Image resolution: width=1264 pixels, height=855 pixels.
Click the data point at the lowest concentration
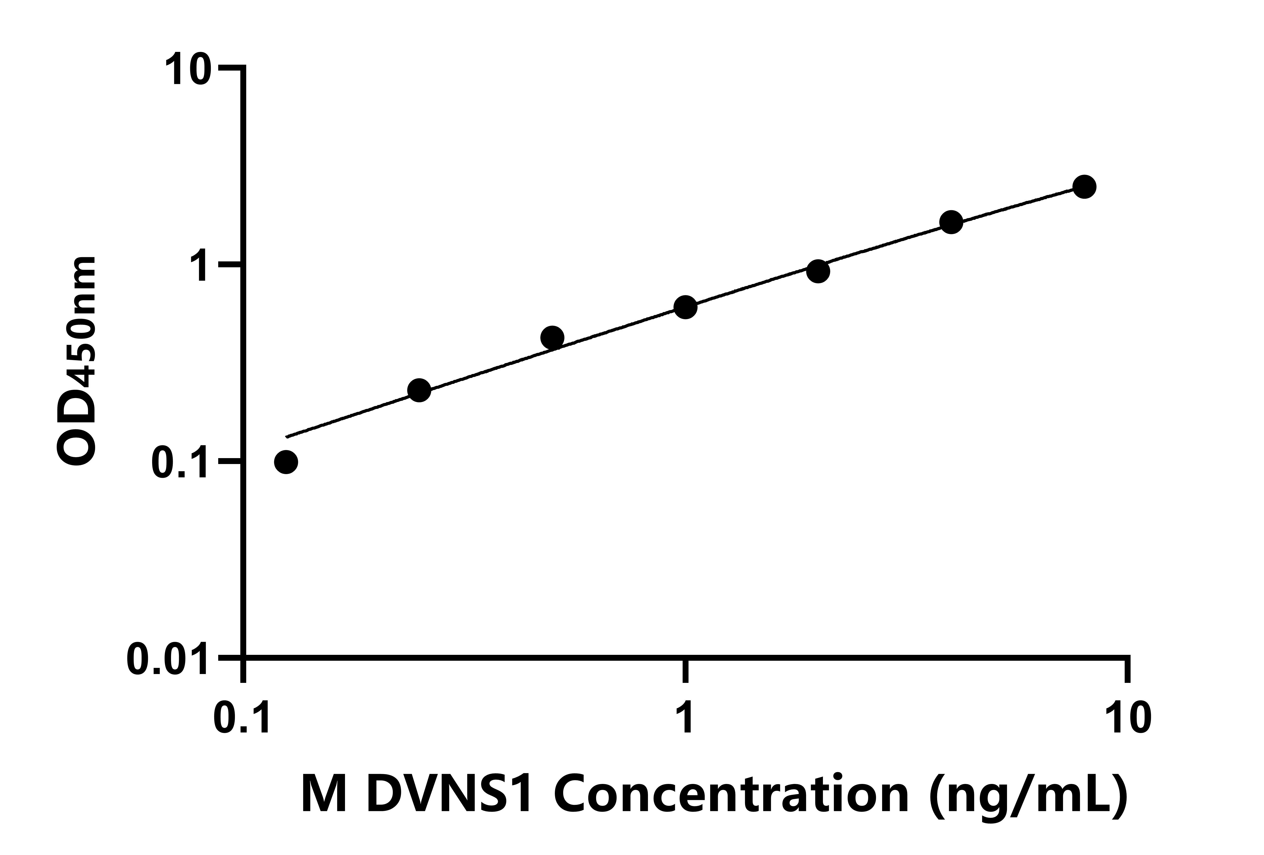click(286, 462)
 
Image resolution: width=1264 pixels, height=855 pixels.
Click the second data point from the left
click(419, 390)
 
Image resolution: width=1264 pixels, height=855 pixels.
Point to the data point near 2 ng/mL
click(818, 271)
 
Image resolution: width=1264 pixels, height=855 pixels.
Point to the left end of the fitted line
click(287, 436)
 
